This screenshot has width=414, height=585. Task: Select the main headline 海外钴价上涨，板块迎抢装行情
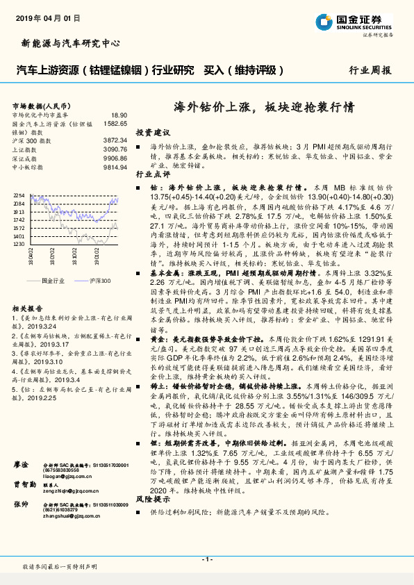coord(264,108)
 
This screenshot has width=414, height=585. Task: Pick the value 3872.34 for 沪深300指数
coord(116,140)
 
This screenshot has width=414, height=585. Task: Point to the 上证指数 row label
coord(26,149)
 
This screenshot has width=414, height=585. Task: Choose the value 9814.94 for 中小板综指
coord(116,167)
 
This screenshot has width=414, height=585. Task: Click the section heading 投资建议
coord(153,132)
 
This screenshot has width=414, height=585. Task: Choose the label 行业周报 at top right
coord(370,70)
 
